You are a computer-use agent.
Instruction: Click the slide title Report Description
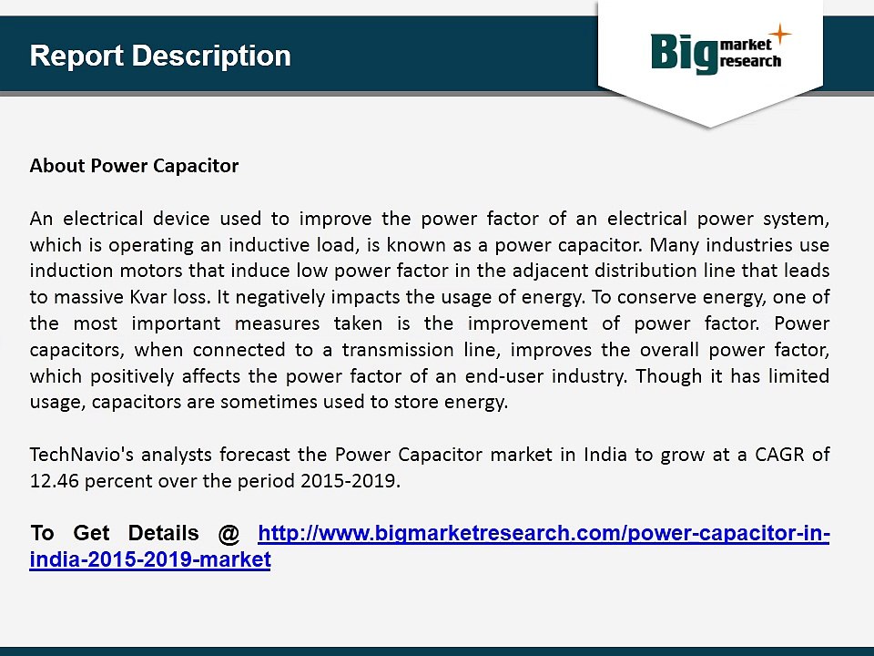pos(160,56)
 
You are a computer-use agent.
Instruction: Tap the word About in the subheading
pos(57,166)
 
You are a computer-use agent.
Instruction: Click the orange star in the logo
pos(780,35)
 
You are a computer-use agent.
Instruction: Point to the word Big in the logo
pos(684,53)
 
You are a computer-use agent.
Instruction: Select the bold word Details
pos(163,533)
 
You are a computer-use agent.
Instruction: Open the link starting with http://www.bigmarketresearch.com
pos(544,533)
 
